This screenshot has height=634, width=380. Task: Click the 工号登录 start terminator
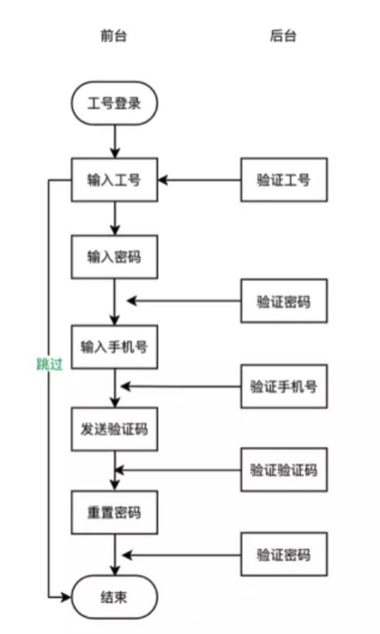click(x=114, y=103)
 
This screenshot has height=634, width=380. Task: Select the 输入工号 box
click(x=114, y=179)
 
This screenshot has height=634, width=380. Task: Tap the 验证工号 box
click(x=284, y=179)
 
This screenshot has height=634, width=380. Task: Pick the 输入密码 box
click(x=114, y=256)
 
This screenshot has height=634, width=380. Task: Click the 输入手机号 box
click(x=114, y=346)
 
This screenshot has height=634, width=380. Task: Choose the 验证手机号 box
click(x=284, y=386)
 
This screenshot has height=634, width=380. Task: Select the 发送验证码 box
click(x=114, y=429)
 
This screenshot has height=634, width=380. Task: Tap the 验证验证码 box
click(x=284, y=469)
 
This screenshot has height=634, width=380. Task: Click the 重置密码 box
click(x=114, y=512)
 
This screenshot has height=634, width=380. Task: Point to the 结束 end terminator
click(x=114, y=597)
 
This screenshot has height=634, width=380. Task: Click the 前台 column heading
click(x=114, y=36)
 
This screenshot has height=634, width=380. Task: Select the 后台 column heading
click(x=284, y=36)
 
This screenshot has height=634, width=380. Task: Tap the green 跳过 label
click(x=49, y=364)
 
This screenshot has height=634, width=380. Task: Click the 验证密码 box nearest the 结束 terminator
click(x=284, y=554)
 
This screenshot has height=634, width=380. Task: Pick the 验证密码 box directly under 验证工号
click(x=284, y=301)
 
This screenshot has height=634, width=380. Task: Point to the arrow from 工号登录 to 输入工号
click(x=114, y=141)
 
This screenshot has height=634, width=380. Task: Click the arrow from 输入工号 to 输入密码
click(x=114, y=218)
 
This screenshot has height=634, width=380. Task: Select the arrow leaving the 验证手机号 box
click(x=180, y=386)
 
